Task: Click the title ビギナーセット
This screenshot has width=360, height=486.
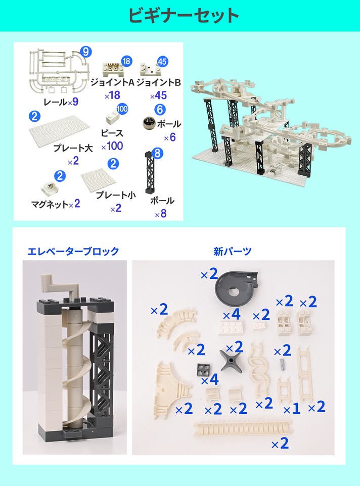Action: [183, 16]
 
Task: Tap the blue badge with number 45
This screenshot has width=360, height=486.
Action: [162, 61]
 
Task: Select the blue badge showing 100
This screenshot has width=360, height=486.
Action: [122, 109]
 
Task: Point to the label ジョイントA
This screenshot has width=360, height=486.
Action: [112, 82]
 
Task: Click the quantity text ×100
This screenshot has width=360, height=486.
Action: [112, 146]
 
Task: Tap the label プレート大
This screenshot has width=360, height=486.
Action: [73, 148]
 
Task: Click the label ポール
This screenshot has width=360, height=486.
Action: [162, 201]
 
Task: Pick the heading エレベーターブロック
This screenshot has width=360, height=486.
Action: [73, 251]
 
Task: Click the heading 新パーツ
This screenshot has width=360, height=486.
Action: [232, 251]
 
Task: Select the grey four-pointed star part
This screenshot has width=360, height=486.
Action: [231, 361]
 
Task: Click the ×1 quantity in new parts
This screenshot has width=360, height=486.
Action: [292, 409]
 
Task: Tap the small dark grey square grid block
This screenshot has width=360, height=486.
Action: [203, 369]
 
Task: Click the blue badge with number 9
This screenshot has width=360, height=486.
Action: [86, 52]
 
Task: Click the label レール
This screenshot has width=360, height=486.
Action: [55, 102]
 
